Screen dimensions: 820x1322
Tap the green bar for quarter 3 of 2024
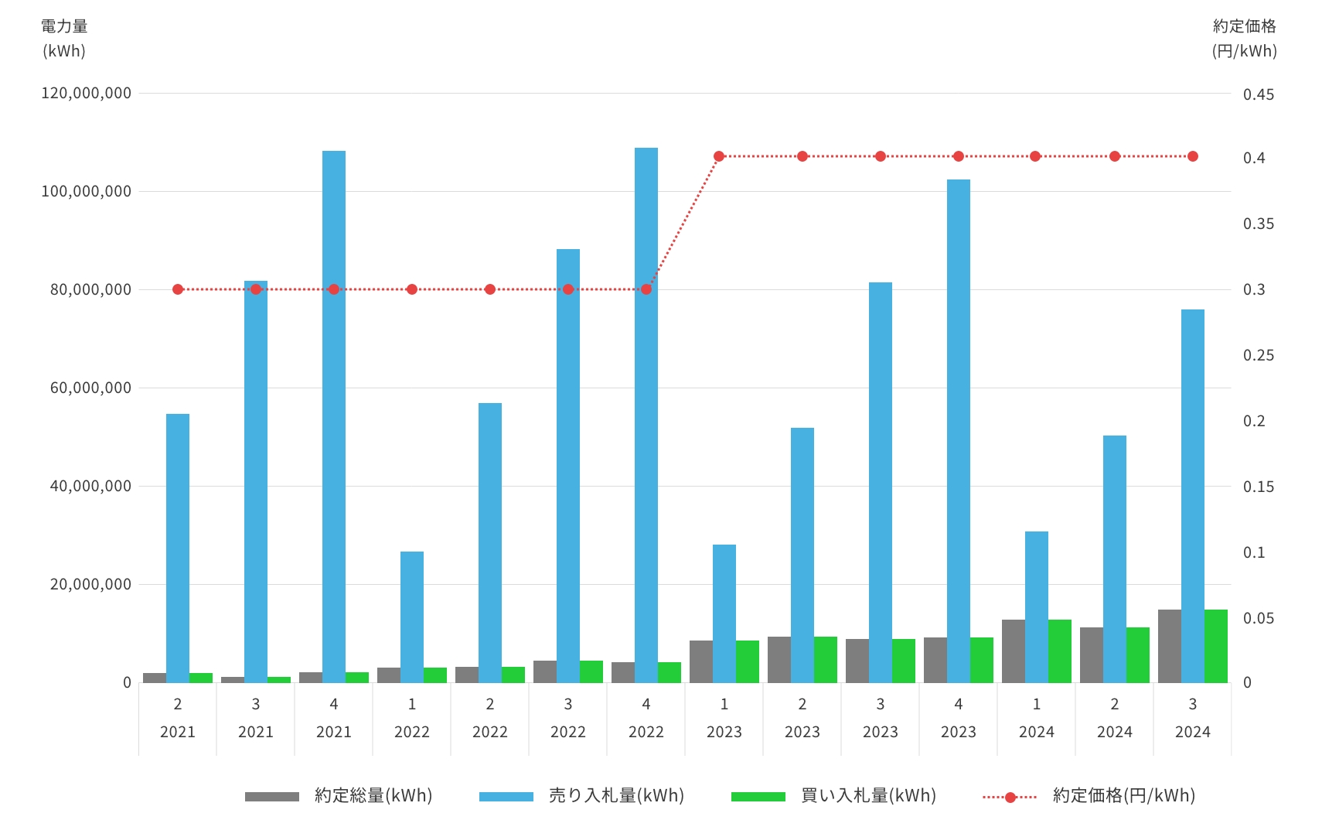(x=1216, y=646)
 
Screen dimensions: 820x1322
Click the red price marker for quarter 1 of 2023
(x=719, y=156)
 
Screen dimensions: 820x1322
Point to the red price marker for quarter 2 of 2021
(x=178, y=289)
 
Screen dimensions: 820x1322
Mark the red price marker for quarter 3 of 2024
(x=1193, y=156)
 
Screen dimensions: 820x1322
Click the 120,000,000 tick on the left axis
(x=86, y=93)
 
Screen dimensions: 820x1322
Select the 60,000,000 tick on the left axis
(x=90, y=388)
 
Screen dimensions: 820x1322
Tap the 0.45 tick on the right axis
(x=1259, y=94)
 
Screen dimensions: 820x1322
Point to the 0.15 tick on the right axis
(x=1259, y=487)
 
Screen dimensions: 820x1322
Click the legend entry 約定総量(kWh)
(x=373, y=795)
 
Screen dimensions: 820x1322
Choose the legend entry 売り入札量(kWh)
(x=616, y=795)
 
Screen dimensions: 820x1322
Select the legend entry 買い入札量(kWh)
(x=868, y=795)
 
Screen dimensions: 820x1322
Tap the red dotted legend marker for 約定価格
(x=1010, y=797)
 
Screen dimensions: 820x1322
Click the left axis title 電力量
(x=64, y=26)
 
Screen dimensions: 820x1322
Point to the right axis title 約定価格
(x=1244, y=26)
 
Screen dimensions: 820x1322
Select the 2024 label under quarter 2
(x=1115, y=732)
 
